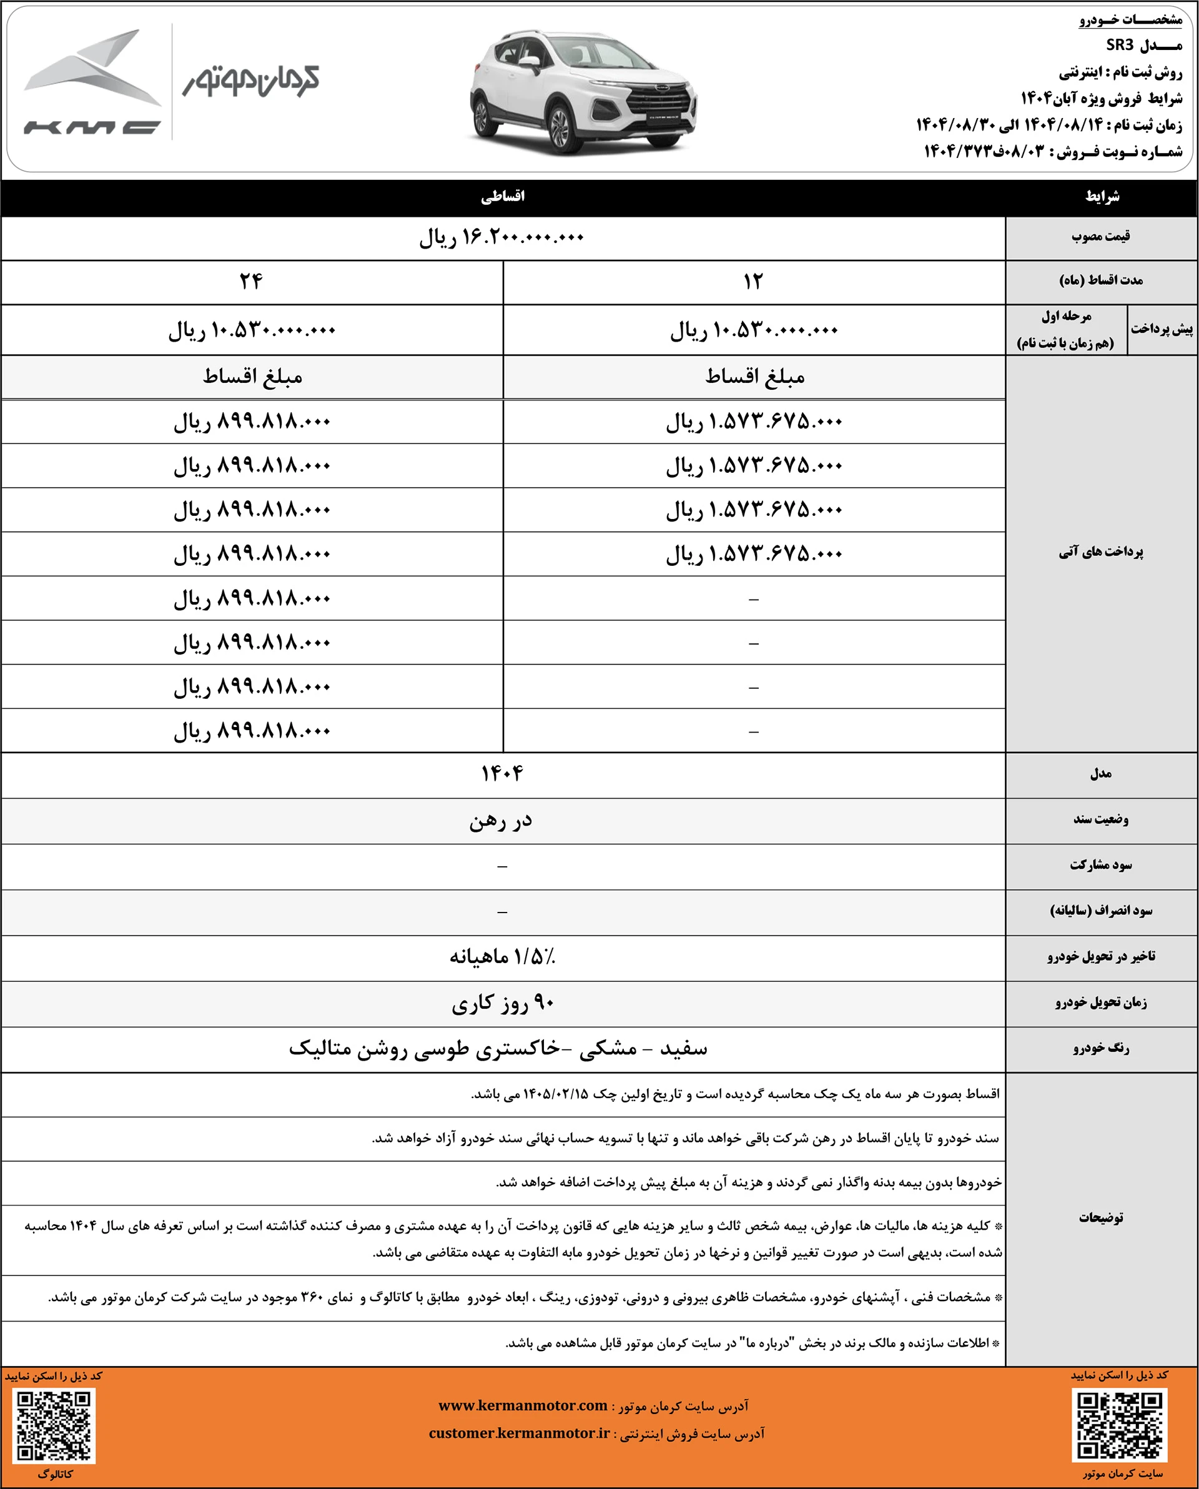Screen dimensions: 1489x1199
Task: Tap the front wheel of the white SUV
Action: (x=559, y=129)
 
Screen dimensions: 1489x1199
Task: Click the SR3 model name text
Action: (x=1120, y=46)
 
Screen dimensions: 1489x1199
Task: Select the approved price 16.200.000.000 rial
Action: (x=502, y=238)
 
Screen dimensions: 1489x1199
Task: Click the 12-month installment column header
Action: (x=753, y=282)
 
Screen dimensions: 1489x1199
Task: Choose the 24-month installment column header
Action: (x=252, y=282)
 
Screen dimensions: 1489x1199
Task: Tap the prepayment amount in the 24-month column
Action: (x=252, y=331)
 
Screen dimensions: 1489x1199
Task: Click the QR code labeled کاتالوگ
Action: (x=54, y=1425)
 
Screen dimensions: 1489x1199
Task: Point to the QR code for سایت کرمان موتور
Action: (x=1119, y=1425)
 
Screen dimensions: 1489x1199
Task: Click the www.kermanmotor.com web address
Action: (x=523, y=1405)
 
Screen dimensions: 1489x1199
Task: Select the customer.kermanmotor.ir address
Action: (x=520, y=1433)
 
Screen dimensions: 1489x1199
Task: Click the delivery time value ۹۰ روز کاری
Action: (x=502, y=1004)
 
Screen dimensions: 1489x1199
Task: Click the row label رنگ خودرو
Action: (x=1101, y=1049)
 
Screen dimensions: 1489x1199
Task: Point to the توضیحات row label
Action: (x=1101, y=1217)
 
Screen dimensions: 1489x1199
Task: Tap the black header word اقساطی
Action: (x=503, y=197)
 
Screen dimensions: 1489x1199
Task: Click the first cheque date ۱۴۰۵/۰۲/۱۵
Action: (x=556, y=1095)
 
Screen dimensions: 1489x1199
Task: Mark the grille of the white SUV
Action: (x=660, y=100)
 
